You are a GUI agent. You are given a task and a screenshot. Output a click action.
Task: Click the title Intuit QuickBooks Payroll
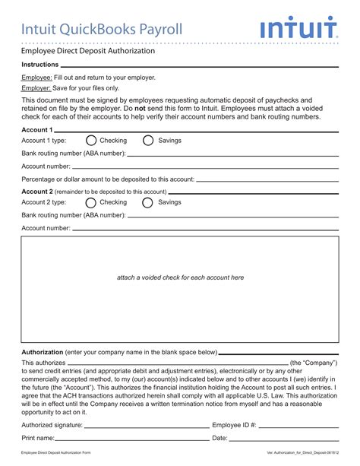point(102,30)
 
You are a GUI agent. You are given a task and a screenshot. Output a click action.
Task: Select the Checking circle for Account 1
point(91,141)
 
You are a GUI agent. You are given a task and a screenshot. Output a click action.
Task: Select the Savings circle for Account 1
point(148,141)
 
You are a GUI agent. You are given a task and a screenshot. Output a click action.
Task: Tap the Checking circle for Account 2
point(91,203)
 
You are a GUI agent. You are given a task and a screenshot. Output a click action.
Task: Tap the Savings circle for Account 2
point(148,203)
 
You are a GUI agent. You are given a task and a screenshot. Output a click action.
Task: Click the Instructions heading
point(40,65)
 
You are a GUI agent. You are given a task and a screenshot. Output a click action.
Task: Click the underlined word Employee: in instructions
point(36,78)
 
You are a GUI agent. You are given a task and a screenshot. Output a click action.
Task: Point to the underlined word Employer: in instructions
point(36,88)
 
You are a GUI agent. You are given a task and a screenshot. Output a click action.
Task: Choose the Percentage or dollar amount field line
point(266,180)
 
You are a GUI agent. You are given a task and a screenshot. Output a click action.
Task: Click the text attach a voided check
point(180,277)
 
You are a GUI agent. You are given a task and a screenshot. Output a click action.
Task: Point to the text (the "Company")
point(314,363)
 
